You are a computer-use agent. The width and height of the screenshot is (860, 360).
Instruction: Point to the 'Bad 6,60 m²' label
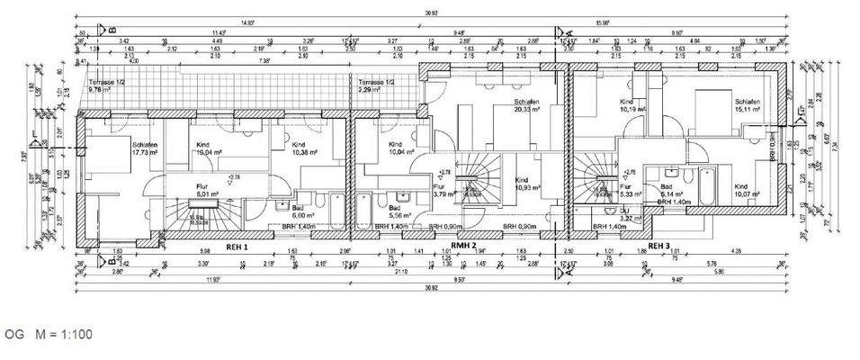click(x=302, y=211)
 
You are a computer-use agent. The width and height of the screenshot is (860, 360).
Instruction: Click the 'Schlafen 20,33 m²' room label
click(x=528, y=105)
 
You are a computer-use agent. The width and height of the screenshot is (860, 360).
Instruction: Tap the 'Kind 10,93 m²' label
click(x=523, y=184)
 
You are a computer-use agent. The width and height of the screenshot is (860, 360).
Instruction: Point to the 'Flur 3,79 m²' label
click(x=441, y=189)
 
